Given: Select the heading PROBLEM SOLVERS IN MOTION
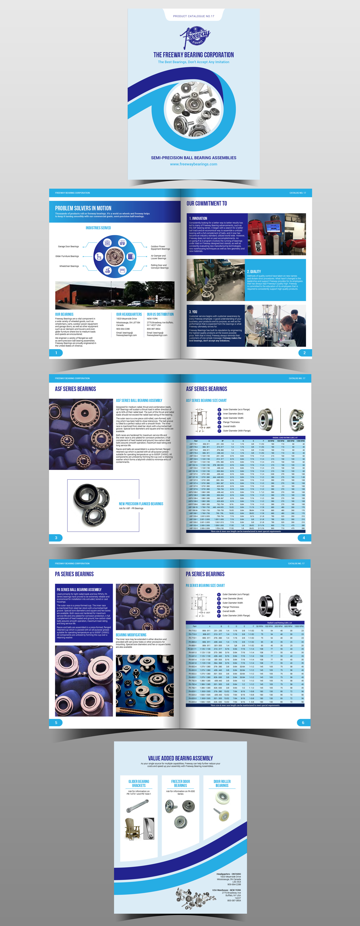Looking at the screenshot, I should (x=83, y=208).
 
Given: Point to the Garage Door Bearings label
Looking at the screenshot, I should (x=68, y=247).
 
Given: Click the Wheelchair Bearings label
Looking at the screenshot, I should (x=69, y=266).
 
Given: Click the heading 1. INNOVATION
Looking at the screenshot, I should (x=198, y=218).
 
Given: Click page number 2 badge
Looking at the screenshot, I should (x=304, y=353).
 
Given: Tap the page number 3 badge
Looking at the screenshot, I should (x=56, y=538).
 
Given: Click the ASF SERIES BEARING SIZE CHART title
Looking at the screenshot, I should (x=206, y=400).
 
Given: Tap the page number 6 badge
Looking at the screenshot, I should (x=303, y=722).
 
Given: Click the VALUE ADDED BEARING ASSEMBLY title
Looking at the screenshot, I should (x=180, y=758).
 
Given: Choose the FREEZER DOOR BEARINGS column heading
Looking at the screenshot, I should (x=180, y=783).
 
